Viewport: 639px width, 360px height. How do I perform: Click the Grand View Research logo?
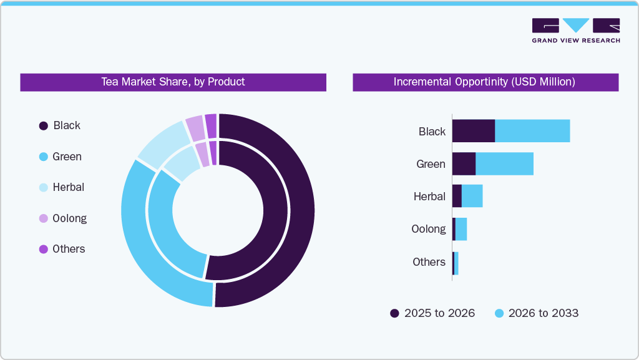575,31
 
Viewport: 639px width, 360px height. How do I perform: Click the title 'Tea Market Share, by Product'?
173,82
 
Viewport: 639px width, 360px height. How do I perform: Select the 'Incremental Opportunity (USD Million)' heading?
484,82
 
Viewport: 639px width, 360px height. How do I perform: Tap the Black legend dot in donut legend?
44,125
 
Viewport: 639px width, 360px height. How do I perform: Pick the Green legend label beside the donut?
67,157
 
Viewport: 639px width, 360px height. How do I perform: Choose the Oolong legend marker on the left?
44,218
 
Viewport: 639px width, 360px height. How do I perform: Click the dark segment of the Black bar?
473,131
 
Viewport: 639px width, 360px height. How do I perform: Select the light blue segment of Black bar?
532,131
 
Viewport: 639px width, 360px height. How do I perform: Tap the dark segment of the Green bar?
464,163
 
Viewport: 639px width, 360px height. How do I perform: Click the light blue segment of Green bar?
504,163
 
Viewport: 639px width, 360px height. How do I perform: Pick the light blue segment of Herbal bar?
472,196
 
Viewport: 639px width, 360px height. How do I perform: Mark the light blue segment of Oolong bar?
461,229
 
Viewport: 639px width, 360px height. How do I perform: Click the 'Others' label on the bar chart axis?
429,262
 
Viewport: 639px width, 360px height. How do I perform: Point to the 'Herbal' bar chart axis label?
429,197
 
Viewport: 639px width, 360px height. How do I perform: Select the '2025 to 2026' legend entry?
432,313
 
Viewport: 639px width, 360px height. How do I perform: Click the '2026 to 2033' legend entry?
536,313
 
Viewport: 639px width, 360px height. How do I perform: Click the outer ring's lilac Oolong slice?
195,127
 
